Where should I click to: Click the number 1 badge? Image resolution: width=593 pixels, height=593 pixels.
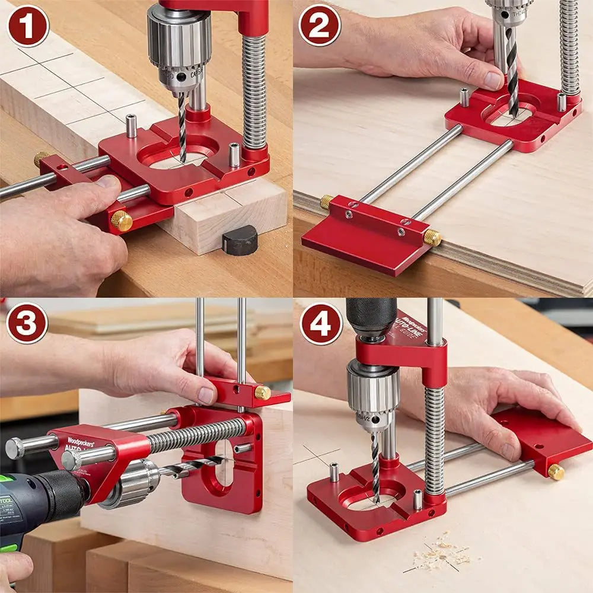click(x=27, y=25)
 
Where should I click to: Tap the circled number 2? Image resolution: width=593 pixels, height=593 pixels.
click(x=320, y=25)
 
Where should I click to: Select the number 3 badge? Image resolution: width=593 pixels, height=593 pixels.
click(x=27, y=323)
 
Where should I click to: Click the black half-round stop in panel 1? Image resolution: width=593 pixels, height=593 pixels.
click(x=240, y=240)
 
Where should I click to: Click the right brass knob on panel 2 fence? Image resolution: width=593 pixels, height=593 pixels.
click(x=432, y=237)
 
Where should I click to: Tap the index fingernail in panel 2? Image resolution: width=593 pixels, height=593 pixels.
click(x=493, y=80)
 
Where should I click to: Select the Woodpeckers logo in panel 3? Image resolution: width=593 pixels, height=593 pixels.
click(x=81, y=442)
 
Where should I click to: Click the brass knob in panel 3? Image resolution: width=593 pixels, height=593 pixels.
click(x=263, y=392)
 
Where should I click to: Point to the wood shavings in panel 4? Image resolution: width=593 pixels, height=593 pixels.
click(x=439, y=554)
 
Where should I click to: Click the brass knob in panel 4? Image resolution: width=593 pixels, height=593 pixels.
click(x=556, y=471)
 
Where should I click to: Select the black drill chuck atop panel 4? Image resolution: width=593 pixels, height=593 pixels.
click(x=371, y=314)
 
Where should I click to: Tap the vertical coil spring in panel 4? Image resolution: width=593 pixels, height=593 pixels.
click(x=434, y=439)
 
